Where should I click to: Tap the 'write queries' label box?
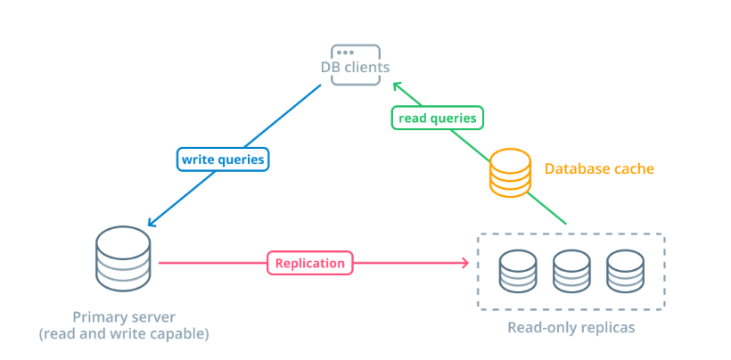point(223,160)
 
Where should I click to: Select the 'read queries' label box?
point(437,117)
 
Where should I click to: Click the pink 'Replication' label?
point(309,263)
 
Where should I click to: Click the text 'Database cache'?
point(599,168)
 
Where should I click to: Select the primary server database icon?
point(122,259)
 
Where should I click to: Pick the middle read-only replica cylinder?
point(571,272)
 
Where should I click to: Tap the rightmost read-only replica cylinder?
point(625,272)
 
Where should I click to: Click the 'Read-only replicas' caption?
point(571,327)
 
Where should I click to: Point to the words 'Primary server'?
point(124,317)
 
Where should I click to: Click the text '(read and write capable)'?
point(124,334)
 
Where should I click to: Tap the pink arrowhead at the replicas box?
point(464,263)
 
